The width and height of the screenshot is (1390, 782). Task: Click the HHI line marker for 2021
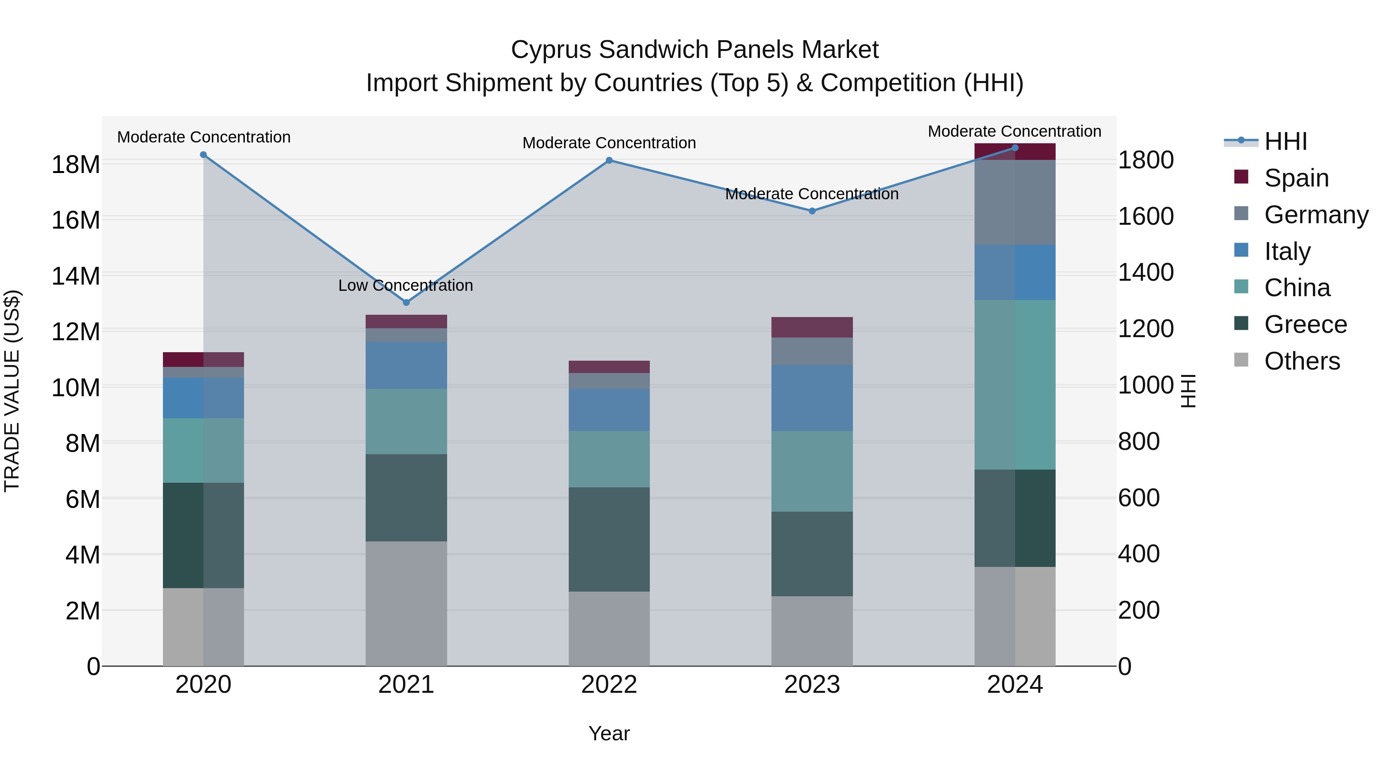coord(406,302)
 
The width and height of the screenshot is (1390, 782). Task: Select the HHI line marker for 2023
coord(812,211)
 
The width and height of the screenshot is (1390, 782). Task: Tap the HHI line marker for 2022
coord(609,160)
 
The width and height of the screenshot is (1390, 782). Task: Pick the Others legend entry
coord(1302,361)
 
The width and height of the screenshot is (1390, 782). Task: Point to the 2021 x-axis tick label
coord(406,685)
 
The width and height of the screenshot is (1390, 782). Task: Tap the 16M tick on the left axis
coord(76,220)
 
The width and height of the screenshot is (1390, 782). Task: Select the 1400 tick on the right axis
coord(1146,273)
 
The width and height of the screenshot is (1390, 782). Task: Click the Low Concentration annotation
coord(405,285)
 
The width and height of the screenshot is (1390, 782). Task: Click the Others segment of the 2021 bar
coord(406,603)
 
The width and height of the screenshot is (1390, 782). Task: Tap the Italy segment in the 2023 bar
coord(812,398)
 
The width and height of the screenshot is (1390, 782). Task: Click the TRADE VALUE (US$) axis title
coord(12,391)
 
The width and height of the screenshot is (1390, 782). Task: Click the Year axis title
coord(609,733)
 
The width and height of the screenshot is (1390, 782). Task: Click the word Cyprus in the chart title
coord(551,50)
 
